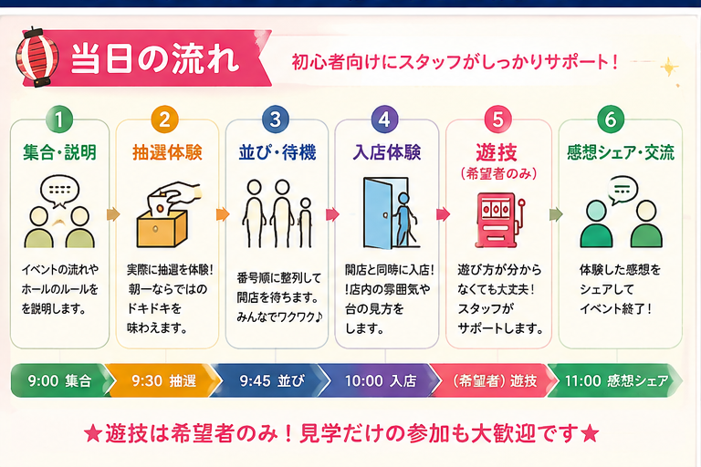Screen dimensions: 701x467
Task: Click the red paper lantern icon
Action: pos(37,58)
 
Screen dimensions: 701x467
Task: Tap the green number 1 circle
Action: pos(59,119)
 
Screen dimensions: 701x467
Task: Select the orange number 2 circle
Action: pos(165,119)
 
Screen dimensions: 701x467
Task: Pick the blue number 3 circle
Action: pos(276,119)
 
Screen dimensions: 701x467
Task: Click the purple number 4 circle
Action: pos(385,119)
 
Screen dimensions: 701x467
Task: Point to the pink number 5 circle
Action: pos(498,119)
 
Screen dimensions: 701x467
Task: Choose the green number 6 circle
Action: pos(611,119)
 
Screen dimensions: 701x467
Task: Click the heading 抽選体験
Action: pos(167,152)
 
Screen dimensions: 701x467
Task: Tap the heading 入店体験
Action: pos(387,152)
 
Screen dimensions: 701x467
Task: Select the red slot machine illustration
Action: pos(499,220)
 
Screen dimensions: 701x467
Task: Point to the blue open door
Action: pos(378,213)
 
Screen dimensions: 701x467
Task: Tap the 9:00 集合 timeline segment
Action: pos(60,380)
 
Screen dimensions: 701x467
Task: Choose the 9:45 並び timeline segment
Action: pos(271,380)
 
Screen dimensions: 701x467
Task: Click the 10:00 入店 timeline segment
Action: pos(380,380)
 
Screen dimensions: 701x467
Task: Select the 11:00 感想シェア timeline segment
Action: pos(615,380)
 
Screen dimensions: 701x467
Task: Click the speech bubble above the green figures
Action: pos(623,190)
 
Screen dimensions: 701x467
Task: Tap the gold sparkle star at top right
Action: pos(669,67)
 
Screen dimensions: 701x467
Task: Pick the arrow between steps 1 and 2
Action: pos(113,214)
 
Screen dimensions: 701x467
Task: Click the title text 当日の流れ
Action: pos(155,58)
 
